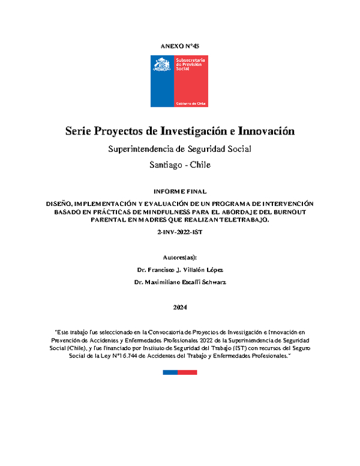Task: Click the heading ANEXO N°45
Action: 180,46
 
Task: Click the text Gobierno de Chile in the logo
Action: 191,103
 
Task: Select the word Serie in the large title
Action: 79,131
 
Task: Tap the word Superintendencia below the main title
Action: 146,149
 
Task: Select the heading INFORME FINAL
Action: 180,192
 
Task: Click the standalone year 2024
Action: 180,307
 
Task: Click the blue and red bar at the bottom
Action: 180,372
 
